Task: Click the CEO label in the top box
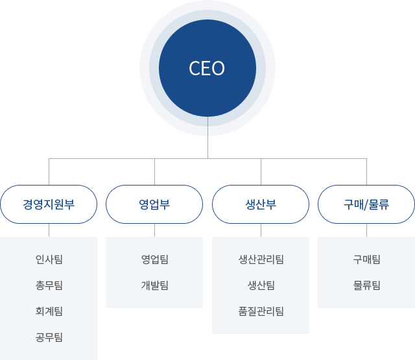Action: [207, 68]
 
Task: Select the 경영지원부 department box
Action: [49, 204]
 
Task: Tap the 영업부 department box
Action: [154, 204]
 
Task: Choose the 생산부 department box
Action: [261, 204]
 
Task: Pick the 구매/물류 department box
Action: [366, 204]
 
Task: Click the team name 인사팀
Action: [49, 259]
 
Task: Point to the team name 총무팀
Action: [49, 285]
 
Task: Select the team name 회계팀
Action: [49, 311]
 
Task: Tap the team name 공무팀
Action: [49, 337]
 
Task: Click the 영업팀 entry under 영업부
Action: [154, 259]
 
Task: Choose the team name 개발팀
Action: [154, 285]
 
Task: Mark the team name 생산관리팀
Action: [261, 259]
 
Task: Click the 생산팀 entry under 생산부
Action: [261, 285]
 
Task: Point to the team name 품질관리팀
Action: [261, 311]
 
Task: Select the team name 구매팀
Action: [366, 259]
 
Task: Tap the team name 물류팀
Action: [366, 285]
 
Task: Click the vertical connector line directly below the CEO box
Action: [207, 147]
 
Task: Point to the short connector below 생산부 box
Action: [261, 230]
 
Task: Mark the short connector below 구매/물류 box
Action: [366, 230]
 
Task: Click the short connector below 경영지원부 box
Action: [49, 230]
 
